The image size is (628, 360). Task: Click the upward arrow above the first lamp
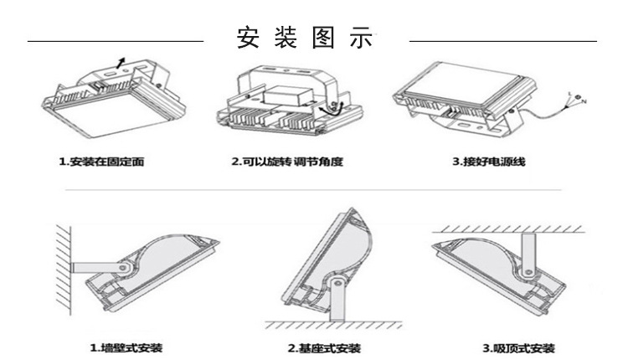[122, 57]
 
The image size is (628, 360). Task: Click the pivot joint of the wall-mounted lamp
[124, 267]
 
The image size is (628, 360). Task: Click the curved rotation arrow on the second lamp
[327, 109]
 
